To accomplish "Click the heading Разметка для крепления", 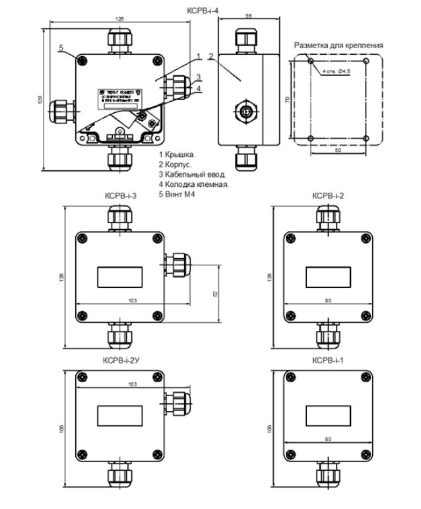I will (x=339, y=46).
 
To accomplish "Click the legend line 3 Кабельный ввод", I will (x=193, y=174).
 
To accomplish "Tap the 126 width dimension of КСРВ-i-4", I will (x=119, y=20).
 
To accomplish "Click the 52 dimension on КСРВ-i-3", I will (x=216, y=293).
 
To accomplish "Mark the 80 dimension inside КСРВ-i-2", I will (x=328, y=300).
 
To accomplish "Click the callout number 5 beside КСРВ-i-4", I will (x=61, y=48).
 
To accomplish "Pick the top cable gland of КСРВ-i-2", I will (x=327, y=217).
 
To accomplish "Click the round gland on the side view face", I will (x=245, y=110).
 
